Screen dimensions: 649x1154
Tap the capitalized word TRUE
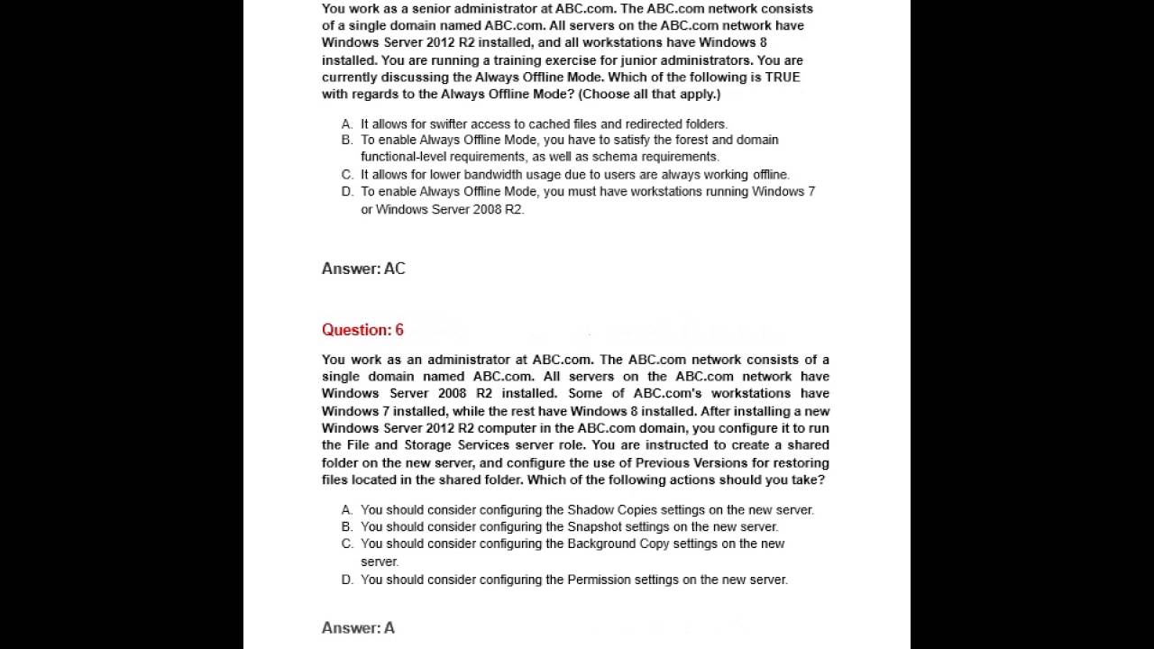click(783, 78)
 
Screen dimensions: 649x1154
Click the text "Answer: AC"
click(363, 269)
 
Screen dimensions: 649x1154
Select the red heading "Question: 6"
click(362, 330)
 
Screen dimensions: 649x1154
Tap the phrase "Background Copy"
click(618, 544)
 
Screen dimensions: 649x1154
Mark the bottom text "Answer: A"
click(358, 628)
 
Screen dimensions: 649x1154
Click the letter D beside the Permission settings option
click(347, 580)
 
